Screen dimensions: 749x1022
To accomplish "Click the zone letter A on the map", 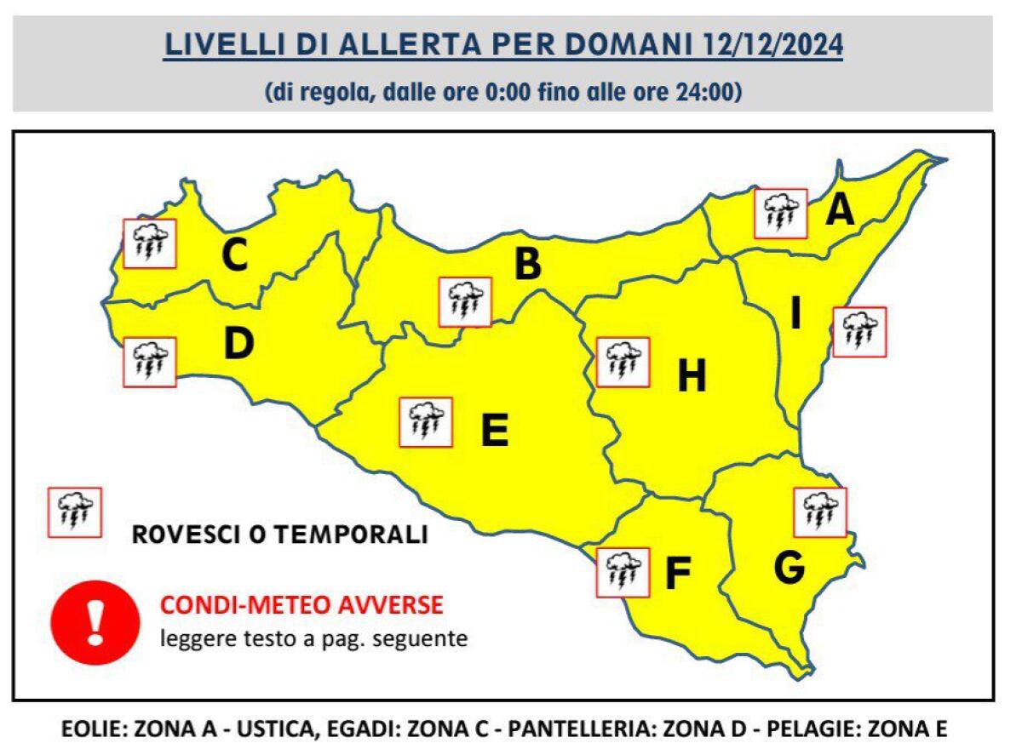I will pyautogui.click(x=840, y=210).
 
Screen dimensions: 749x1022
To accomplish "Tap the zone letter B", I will pyautogui.click(x=527, y=264).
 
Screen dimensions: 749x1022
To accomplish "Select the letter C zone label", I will pyautogui.click(x=234, y=254).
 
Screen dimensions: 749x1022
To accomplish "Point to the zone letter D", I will pyautogui.click(x=238, y=344).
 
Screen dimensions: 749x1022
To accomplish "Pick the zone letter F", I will pyautogui.click(x=676, y=574).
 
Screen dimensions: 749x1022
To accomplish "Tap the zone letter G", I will pyautogui.click(x=789, y=569).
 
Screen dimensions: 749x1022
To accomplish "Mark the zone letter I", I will pyautogui.click(x=795, y=315).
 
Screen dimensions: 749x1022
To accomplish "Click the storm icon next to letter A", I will pyautogui.click(x=781, y=214).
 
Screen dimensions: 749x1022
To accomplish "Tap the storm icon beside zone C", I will pyautogui.click(x=150, y=243).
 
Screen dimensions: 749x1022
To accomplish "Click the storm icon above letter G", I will pyautogui.click(x=819, y=512).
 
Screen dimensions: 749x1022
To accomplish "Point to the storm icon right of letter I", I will pyautogui.click(x=859, y=331).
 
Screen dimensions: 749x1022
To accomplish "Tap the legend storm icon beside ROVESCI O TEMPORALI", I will pyautogui.click(x=75, y=512).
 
